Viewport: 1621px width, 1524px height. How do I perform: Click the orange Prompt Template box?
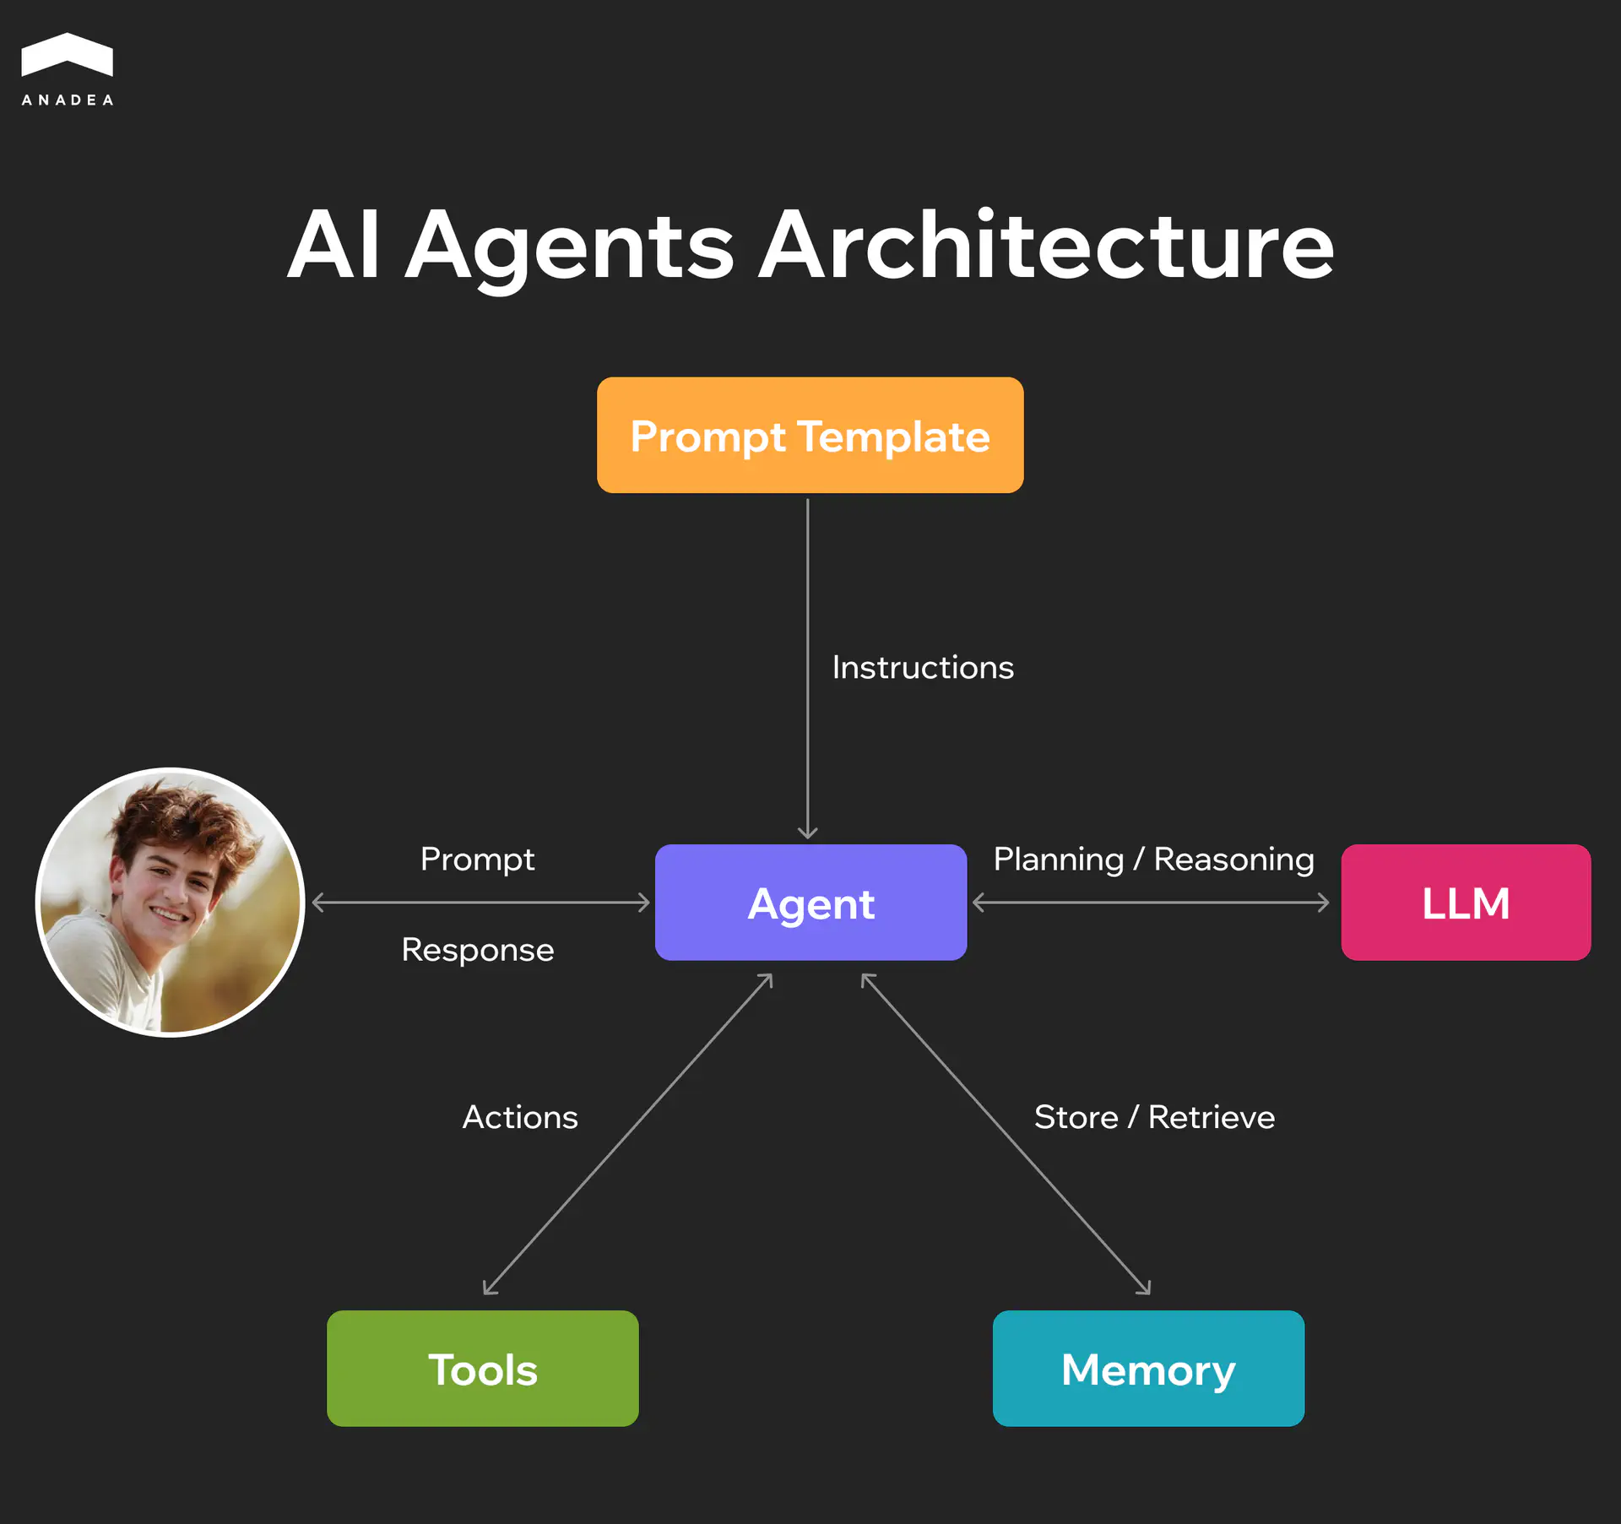tap(810, 435)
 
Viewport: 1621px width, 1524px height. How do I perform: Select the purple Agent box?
tap(810, 902)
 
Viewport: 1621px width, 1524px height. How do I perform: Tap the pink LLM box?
tap(1466, 902)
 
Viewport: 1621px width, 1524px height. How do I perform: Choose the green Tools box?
tap(482, 1368)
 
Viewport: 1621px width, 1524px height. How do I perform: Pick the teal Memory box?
tap(1148, 1368)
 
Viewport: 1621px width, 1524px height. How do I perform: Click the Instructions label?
tap(923, 667)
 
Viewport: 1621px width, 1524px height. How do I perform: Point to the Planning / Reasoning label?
tap(1153, 859)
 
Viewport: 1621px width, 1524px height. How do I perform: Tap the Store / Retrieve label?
tap(1154, 1117)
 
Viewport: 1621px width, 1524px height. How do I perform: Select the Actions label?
tap(520, 1117)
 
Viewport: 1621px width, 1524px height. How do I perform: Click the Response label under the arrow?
tap(478, 950)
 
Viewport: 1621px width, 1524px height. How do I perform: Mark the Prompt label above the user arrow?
tap(478, 859)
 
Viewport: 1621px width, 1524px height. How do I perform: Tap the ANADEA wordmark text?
tap(68, 100)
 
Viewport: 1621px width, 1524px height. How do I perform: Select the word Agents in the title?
tap(570, 247)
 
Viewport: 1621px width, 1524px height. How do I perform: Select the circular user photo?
tap(170, 902)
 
